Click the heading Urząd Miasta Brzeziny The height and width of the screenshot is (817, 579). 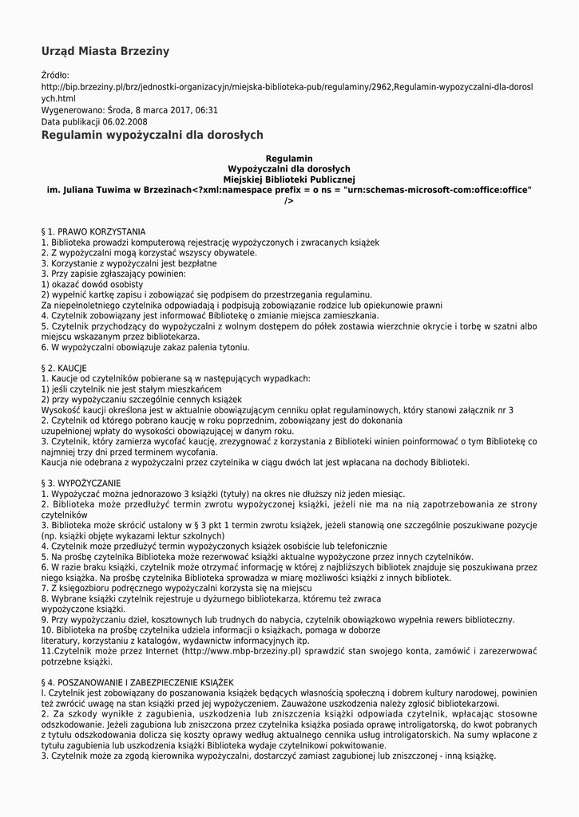pos(105,52)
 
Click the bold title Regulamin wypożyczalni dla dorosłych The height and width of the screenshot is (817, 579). pos(152,136)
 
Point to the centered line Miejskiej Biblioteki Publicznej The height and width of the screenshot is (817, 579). pos(288,180)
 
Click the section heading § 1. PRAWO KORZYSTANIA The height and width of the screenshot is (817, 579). pos(93,231)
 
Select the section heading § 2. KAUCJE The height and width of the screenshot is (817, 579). pos(64,368)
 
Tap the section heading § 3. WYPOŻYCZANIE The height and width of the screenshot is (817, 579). pos(81,483)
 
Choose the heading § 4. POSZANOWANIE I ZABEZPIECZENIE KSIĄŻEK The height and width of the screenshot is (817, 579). pos(137,682)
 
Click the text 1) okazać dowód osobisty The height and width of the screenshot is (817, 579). pos(92,284)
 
